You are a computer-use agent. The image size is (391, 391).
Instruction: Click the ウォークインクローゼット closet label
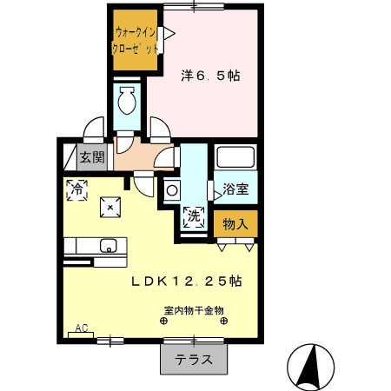pyautogui.click(x=136, y=41)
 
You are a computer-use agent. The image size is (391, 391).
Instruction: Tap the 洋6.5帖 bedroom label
pyautogui.click(x=210, y=76)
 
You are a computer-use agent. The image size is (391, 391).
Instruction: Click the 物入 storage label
pyautogui.click(x=235, y=224)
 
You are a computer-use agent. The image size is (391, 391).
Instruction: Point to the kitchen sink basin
pyautogui.click(x=109, y=244)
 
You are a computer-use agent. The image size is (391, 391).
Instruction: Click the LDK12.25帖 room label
pyautogui.click(x=187, y=282)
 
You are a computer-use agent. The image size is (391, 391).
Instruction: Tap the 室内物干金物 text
pyautogui.click(x=193, y=309)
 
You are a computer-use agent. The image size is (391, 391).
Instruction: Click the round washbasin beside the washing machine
pyautogui.click(x=172, y=190)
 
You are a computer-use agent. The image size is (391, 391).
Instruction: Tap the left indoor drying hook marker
pyautogui.click(x=162, y=321)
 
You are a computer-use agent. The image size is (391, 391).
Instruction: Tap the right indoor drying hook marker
pyautogui.click(x=225, y=321)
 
